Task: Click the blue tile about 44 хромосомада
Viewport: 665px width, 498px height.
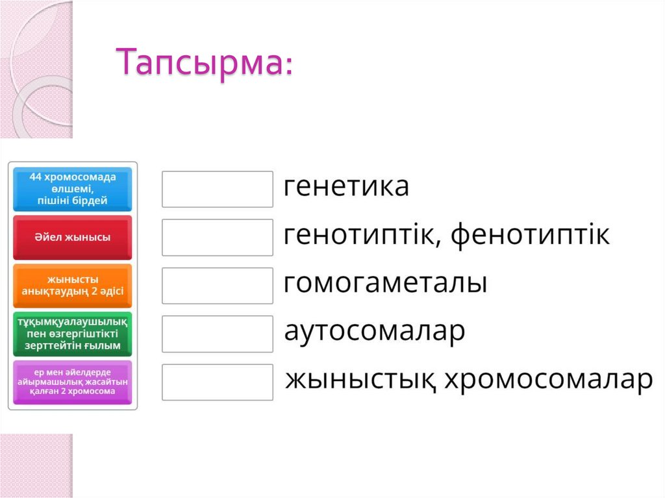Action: tap(73, 189)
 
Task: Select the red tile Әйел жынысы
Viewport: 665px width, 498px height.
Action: tap(73, 237)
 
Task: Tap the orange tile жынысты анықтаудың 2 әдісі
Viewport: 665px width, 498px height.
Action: tap(73, 286)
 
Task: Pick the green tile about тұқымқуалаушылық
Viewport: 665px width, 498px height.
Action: tap(73, 334)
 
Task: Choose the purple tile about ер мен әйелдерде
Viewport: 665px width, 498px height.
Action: tap(73, 382)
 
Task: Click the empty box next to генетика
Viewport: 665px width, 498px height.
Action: tap(217, 189)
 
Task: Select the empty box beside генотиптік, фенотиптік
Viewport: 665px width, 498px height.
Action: tap(217, 237)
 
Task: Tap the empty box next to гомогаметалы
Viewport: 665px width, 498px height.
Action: tap(217, 286)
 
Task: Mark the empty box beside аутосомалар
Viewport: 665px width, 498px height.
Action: tap(217, 334)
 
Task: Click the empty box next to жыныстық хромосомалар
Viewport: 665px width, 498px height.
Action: tap(217, 382)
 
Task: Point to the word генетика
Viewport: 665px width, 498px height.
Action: tap(347, 187)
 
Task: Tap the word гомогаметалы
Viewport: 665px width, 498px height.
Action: tap(386, 284)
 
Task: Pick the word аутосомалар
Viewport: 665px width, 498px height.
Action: tap(375, 332)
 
